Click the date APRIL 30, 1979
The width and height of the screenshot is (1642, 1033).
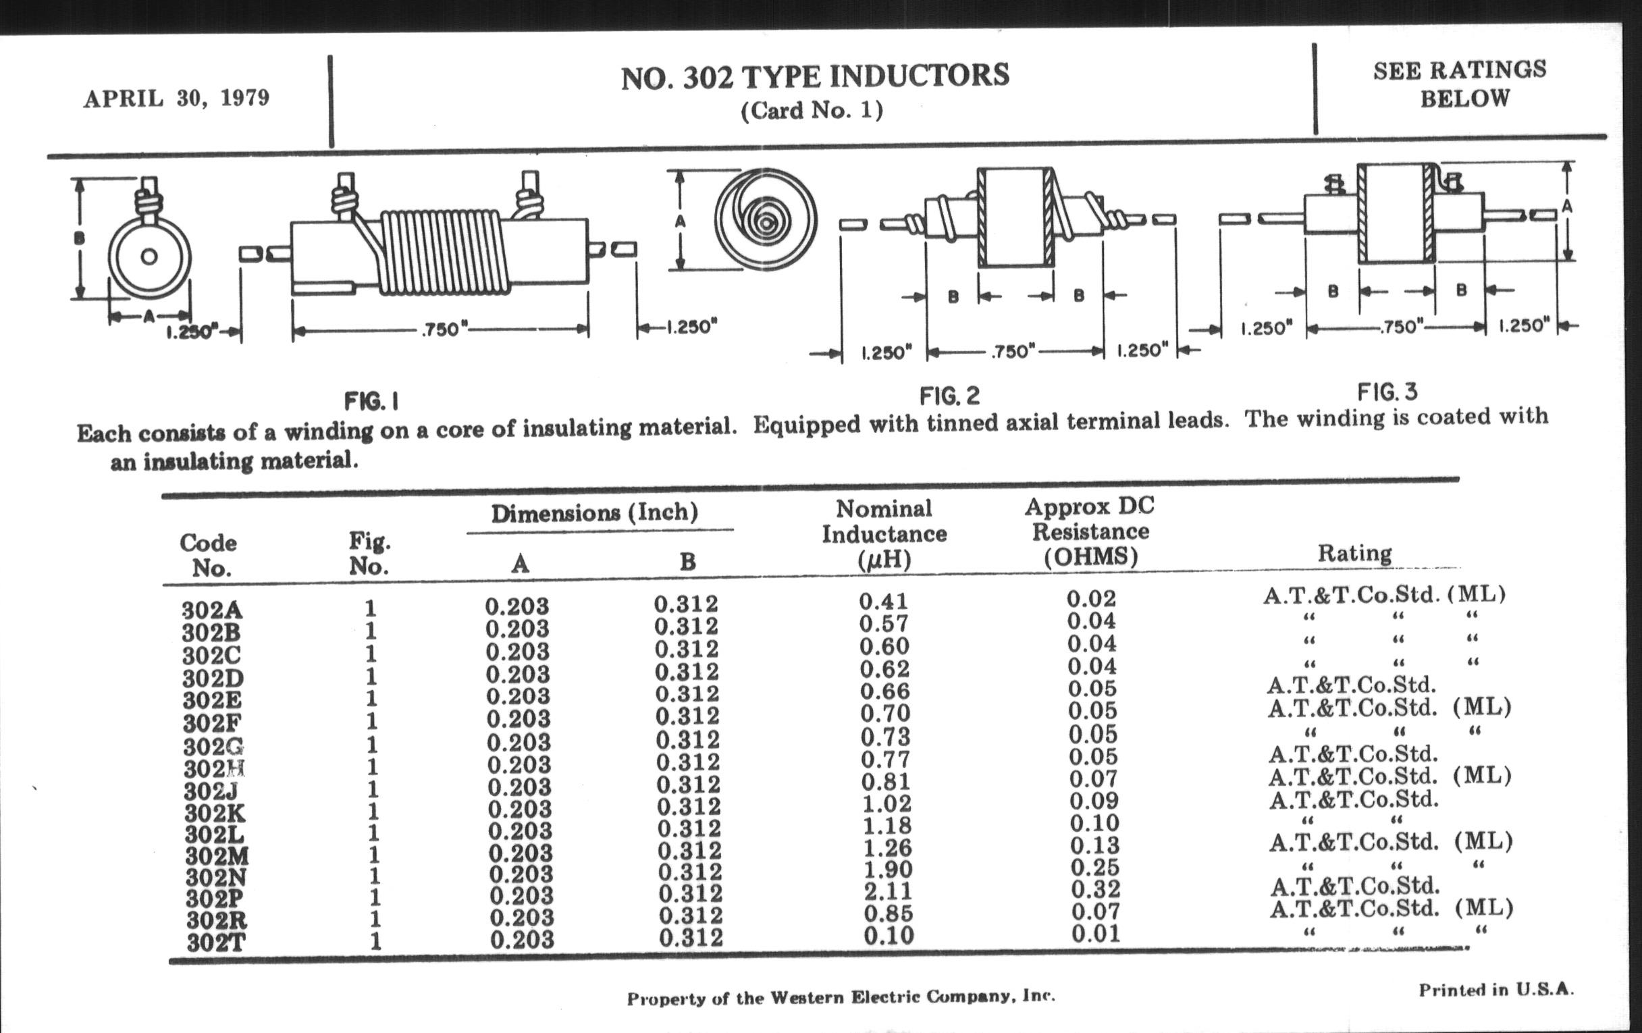click(177, 98)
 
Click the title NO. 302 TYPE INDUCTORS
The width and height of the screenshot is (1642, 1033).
click(815, 76)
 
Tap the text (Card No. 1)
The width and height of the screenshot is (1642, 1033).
click(812, 110)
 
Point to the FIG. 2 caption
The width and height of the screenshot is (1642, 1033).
click(950, 396)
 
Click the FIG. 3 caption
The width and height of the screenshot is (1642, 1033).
click(1387, 392)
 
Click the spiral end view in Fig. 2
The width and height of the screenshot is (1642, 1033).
click(766, 219)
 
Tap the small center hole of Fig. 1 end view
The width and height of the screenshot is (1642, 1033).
click(149, 257)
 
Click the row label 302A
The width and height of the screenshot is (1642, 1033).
click(211, 610)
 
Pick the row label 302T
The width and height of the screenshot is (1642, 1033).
click(217, 943)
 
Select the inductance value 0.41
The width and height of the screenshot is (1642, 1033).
click(884, 601)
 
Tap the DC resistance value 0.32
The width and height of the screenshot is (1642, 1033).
click(1095, 889)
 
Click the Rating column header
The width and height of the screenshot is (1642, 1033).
click(1354, 553)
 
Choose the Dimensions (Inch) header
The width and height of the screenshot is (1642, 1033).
click(595, 512)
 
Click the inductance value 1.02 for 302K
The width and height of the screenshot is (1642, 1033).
click(886, 803)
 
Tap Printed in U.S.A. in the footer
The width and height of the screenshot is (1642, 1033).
click(1496, 989)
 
